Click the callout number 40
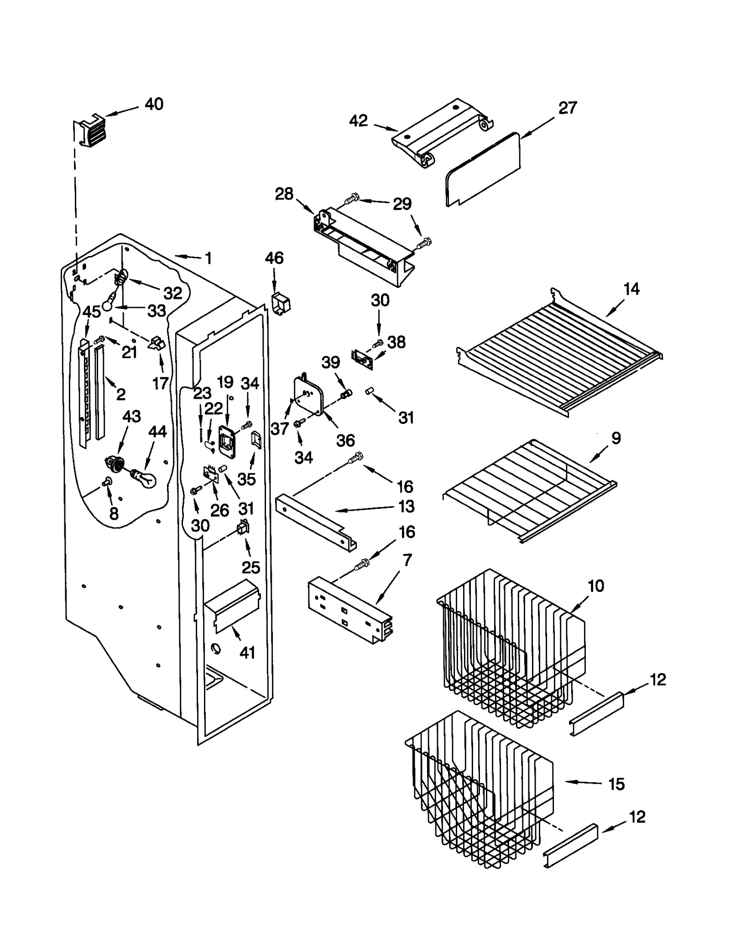tap(154, 105)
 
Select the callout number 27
tap(568, 108)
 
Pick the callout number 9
tap(616, 438)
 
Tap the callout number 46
tap(274, 258)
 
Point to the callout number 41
tap(247, 653)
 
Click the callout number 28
tap(284, 194)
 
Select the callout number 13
tap(406, 506)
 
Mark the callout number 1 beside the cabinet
tap(208, 259)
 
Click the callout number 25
tap(250, 567)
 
